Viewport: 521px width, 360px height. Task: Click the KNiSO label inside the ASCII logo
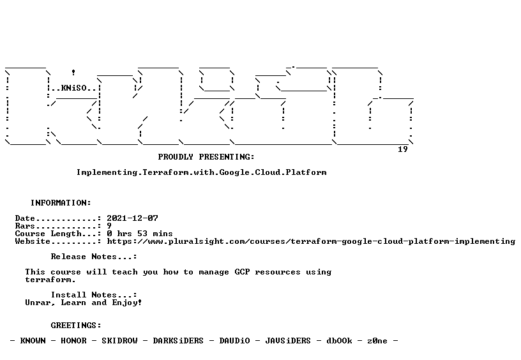pyautogui.click(x=74, y=88)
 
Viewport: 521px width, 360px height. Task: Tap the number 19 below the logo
pyautogui.click(x=403, y=149)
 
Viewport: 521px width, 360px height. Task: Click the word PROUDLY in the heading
pyautogui.click(x=176, y=157)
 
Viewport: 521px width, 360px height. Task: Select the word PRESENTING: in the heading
pyautogui.click(x=227, y=157)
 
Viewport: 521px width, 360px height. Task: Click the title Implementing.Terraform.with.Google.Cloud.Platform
pyautogui.click(x=202, y=172)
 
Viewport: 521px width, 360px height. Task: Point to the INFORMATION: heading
pyautogui.click(x=61, y=203)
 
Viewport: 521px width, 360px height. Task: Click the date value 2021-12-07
pyautogui.click(x=132, y=218)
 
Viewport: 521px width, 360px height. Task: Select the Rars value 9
pyautogui.click(x=109, y=226)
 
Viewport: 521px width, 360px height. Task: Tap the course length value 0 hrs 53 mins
pyautogui.click(x=140, y=234)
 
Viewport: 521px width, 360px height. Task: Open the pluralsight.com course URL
pyautogui.click(x=311, y=241)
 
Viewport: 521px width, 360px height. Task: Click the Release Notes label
pyautogui.click(x=94, y=257)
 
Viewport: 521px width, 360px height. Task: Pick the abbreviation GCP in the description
pyautogui.click(x=242, y=272)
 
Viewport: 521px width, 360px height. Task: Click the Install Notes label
pyautogui.click(x=94, y=295)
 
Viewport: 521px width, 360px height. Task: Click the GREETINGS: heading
pyautogui.click(x=76, y=326)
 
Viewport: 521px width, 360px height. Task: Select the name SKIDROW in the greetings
pyautogui.click(x=119, y=341)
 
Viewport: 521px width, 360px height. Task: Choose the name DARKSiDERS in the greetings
pyautogui.click(x=178, y=341)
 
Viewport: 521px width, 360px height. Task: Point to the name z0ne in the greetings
pyautogui.click(x=377, y=341)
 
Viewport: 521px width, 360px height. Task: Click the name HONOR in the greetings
pyautogui.click(x=73, y=341)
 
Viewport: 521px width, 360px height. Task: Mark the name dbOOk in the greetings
pyautogui.click(x=339, y=341)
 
